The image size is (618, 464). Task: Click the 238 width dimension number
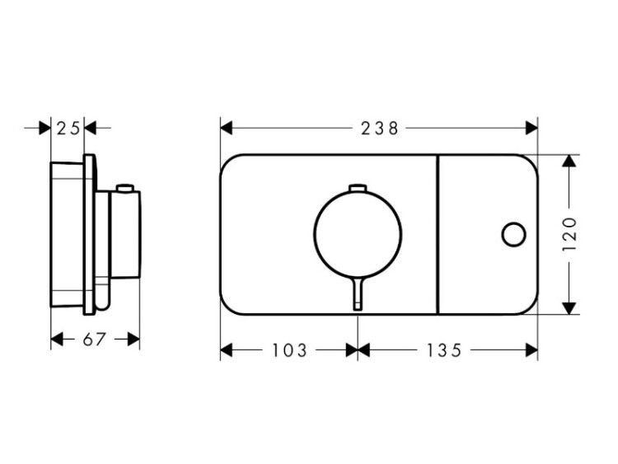(x=380, y=129)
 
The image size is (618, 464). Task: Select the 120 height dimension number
(x=569, y=234)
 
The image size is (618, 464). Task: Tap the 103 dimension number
(x=289, y=350)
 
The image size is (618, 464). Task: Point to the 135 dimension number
(x=444, y=350)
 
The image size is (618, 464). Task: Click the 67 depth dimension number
(x=94, y=339)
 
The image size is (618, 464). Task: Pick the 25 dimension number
(x=68, y=128)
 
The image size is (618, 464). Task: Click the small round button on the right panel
(x=513, y=235)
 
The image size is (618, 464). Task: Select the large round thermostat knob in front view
(x=358, y=234)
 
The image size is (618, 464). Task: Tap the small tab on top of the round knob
(x=358, y=188)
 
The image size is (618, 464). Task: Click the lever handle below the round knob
(x=358, y=293)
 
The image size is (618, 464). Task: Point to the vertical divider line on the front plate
(x=438, y=235)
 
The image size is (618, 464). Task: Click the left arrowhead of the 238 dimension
(x=227, y=128)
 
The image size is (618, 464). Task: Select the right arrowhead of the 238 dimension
(x=532, y=128)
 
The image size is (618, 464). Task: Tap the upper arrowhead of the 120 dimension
(x=569, y=161)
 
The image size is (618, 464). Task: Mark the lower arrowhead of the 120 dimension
(x=569, y=308)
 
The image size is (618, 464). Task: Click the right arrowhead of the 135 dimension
(x=532, y=350)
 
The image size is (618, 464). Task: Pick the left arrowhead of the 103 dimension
(x=227, y=350)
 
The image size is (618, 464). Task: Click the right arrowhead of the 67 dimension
(x=133, y=339)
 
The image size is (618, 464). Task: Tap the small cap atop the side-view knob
(x=125, y=188)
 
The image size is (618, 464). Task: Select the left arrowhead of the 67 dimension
(x=57, y=339)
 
